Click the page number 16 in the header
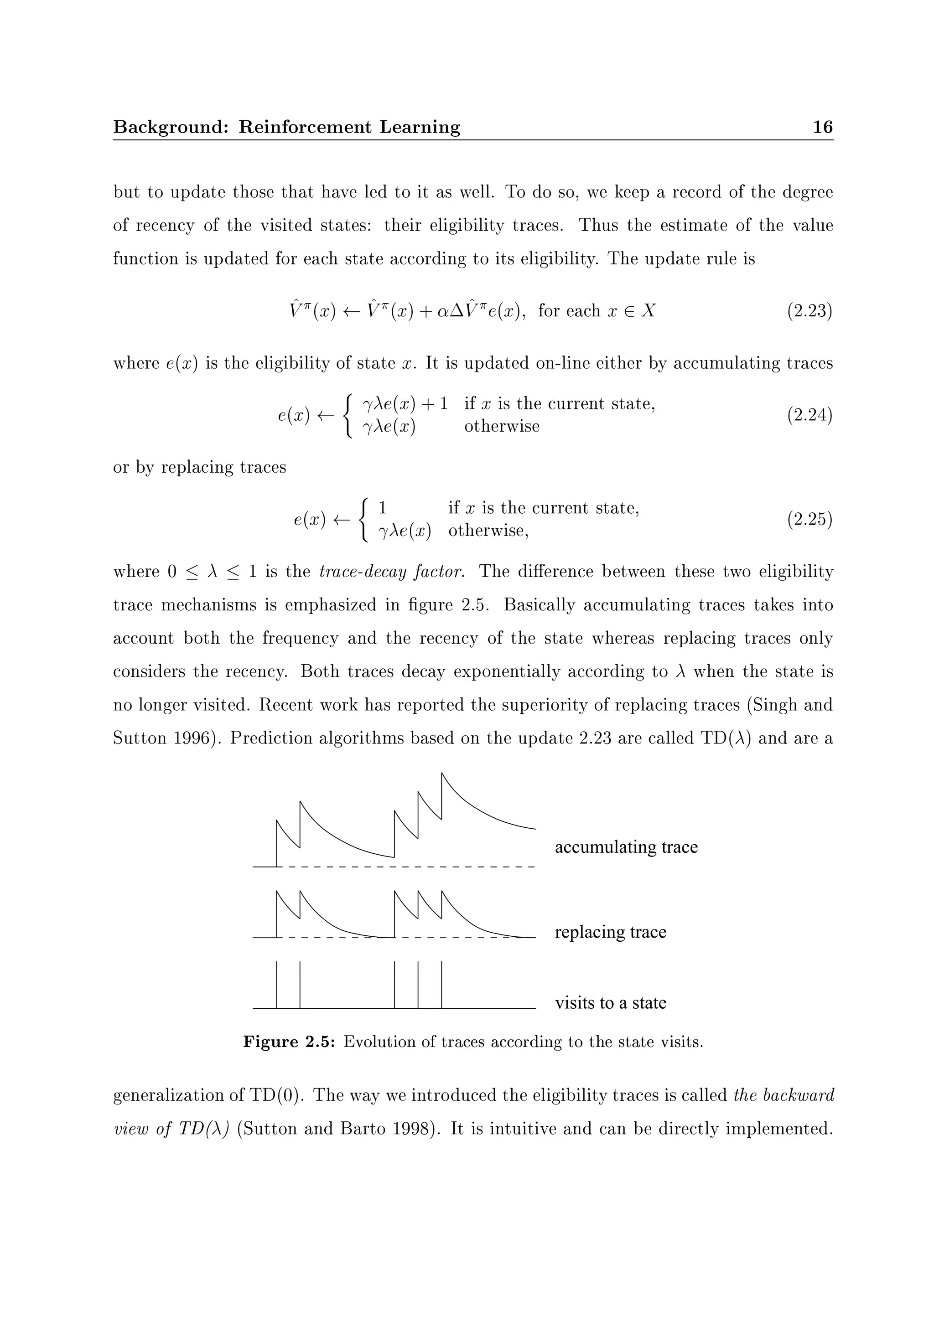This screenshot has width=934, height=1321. [x=822, y=127]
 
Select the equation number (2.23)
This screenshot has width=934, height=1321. [x=809, y=311]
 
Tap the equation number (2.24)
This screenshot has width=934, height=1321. [x=809, y=415]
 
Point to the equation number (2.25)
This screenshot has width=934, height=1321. [x=809, y=520]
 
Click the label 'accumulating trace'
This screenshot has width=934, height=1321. [x=626, y=847]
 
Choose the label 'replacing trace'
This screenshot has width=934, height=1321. [x=610, y=932]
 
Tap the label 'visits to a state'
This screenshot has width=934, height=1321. [x=610, y=1003]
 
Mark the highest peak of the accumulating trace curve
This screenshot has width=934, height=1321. [x=441, y=774]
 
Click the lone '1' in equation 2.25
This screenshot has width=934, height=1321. [x=382, y=508]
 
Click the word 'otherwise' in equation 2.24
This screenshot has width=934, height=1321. [x=502, y=427]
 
